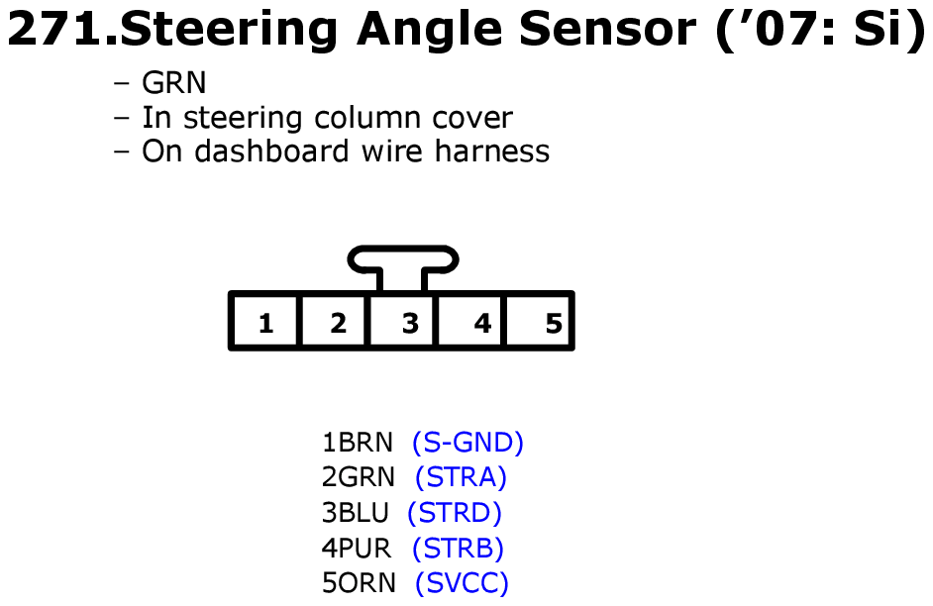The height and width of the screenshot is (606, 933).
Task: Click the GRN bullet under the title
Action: coord(173,82)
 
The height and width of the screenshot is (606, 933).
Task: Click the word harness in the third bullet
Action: coord(492,151)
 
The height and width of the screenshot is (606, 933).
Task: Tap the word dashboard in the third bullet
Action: coord(271,151)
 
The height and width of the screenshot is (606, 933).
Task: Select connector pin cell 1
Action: coord(265,321)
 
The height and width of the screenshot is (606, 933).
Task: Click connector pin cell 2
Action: coord(335,321)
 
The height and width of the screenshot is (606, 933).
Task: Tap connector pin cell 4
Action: coord(471,321)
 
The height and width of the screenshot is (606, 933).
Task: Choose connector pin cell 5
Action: coord(539,321)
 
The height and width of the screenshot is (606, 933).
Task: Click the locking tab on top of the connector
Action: coord(403,259)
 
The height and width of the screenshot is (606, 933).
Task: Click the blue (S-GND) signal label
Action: coord(467,443)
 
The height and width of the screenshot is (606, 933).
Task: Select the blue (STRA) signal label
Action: coord(461,477)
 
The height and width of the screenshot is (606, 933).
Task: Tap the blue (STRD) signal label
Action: coord(455,513)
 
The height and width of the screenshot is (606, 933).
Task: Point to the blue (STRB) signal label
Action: coord(458,548)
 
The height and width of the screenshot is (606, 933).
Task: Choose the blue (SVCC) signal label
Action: coord(462,583)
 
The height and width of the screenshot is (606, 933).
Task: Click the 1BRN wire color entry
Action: coord(358,443)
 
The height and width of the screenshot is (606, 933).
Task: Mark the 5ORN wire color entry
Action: coord(359,583)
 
